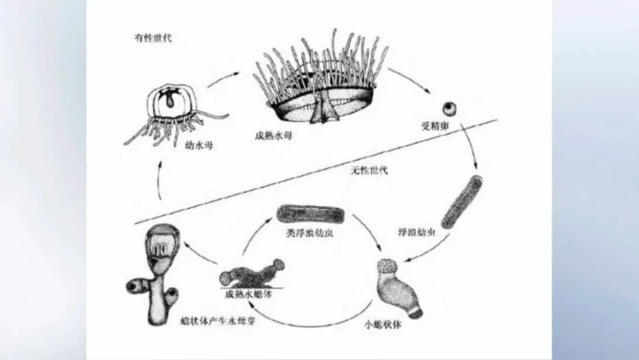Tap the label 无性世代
[369, 170]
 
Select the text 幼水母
[200, 146]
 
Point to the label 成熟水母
[272, 137]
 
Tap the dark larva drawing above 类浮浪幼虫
[310, 214]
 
